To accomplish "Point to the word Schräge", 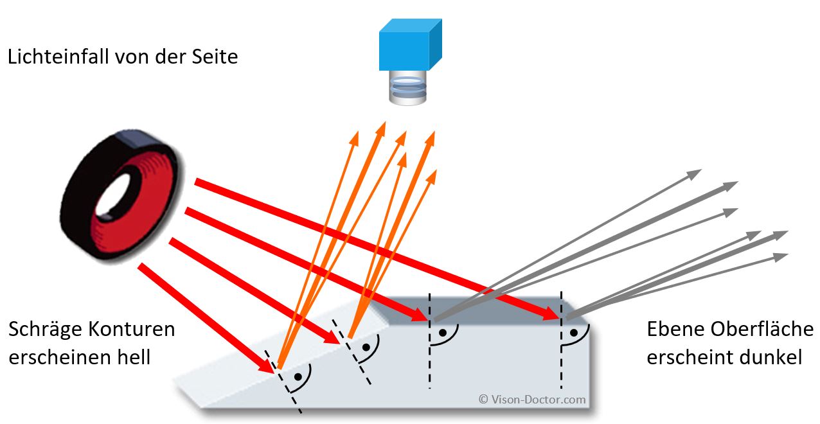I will (47, 330).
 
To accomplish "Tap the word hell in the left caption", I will (134, 357).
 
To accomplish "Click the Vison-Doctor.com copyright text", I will (532, 399).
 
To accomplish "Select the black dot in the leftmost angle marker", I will (298, 376).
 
